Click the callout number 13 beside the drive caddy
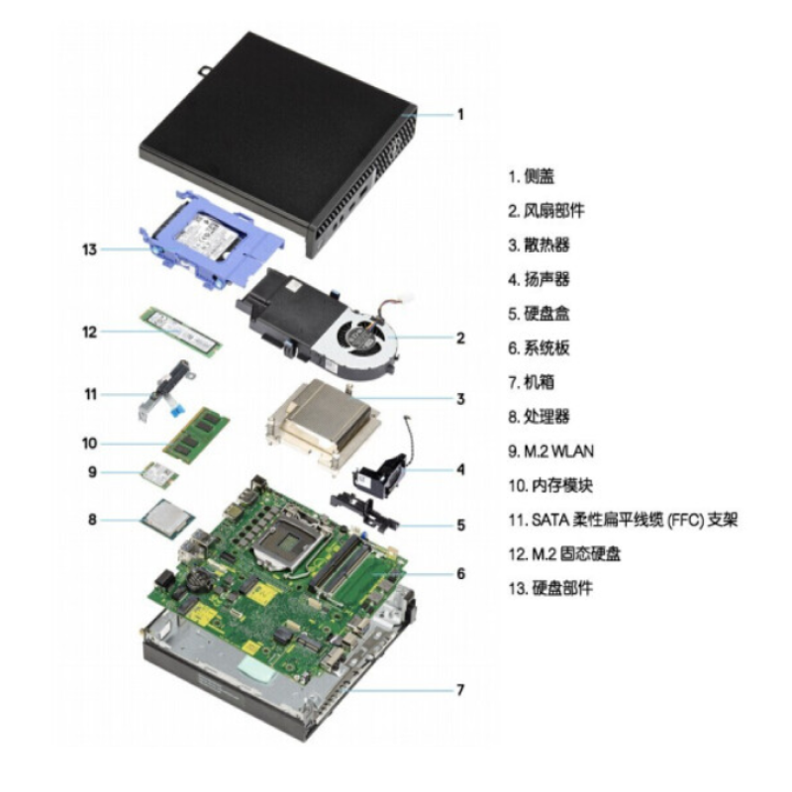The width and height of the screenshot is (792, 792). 89,249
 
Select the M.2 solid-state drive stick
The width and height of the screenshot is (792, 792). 181,333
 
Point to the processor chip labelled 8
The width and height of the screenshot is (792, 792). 168,519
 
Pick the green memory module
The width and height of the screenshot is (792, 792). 196,435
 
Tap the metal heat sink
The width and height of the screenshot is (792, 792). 325,419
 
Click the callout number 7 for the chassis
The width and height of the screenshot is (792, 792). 460,689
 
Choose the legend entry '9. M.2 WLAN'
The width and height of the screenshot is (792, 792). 550,451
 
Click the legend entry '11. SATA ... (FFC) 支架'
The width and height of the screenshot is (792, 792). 623,519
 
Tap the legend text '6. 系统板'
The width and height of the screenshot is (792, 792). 539,347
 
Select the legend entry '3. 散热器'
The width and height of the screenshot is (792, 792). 539,245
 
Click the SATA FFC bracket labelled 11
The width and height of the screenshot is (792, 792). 166,390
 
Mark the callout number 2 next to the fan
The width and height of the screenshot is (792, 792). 460,338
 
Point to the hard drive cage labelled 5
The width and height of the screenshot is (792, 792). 364,510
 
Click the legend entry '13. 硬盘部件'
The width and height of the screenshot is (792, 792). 550,588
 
